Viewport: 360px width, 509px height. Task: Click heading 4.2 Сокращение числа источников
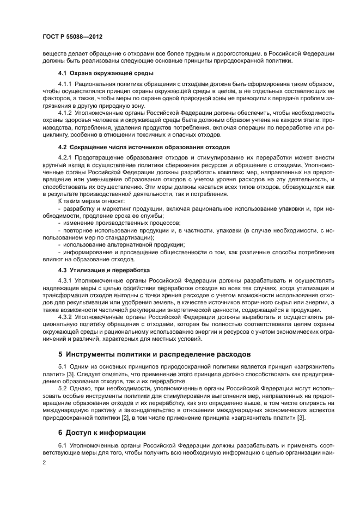click(144, 147)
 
